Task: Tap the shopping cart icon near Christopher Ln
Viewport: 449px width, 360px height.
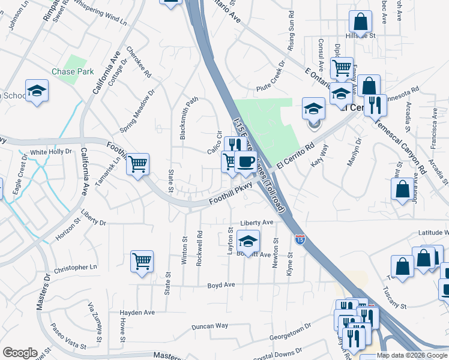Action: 142,262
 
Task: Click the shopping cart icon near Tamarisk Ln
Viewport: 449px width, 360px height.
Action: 138,163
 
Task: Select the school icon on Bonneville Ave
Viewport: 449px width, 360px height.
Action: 248,241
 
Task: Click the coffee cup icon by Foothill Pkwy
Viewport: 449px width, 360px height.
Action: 246,161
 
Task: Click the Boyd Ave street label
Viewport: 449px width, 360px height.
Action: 220,285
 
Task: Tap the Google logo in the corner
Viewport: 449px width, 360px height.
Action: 20,353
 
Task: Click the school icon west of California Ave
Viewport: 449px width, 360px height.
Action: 37,91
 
